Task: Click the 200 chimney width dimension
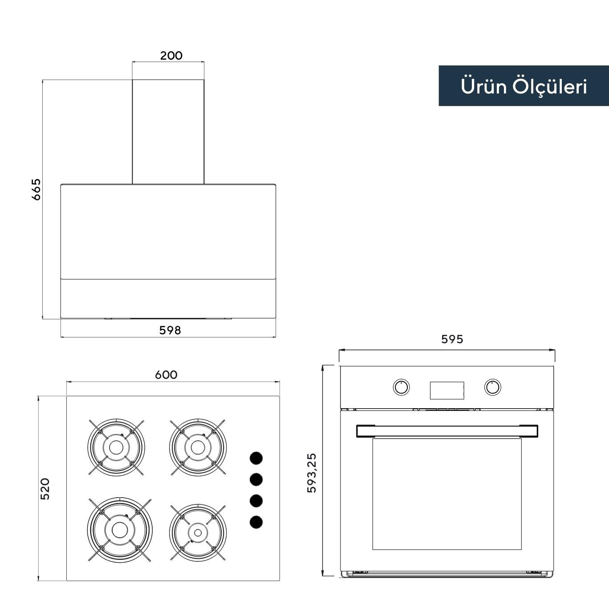point(171,56)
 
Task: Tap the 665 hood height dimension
point(37,189)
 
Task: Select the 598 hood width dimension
point(170,330)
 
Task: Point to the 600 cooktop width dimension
point(166,375)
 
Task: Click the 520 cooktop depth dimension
point(45,489)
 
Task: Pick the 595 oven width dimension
point(452,339)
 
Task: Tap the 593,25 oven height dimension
point(312,473)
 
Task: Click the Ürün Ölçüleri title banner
point(524,85)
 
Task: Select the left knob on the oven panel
point(402,387)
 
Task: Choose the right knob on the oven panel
point(492,387)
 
